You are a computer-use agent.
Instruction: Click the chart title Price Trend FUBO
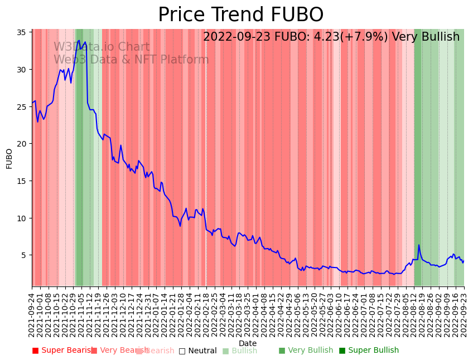click(240, 15)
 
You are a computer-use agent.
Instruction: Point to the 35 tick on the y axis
click(23, 32)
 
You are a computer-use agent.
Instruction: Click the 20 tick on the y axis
click(23, 144)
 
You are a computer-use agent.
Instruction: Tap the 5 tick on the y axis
click(25, 255)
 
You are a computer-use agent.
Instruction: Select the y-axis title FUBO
click(9, 158)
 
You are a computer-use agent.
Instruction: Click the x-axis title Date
click(248, 343)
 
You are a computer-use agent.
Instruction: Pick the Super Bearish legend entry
click(62, 351)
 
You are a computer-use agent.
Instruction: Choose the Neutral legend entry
click(197, 351)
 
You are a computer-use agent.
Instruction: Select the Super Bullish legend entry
click(369, 351)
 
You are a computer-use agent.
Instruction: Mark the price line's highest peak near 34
click(79, 41)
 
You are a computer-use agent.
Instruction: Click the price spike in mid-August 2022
click(419, 245)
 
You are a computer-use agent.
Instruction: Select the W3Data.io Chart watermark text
click(102, 47)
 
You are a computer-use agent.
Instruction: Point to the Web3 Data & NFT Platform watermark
click(131, 60)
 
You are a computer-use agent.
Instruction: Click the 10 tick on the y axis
click(23, 218)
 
